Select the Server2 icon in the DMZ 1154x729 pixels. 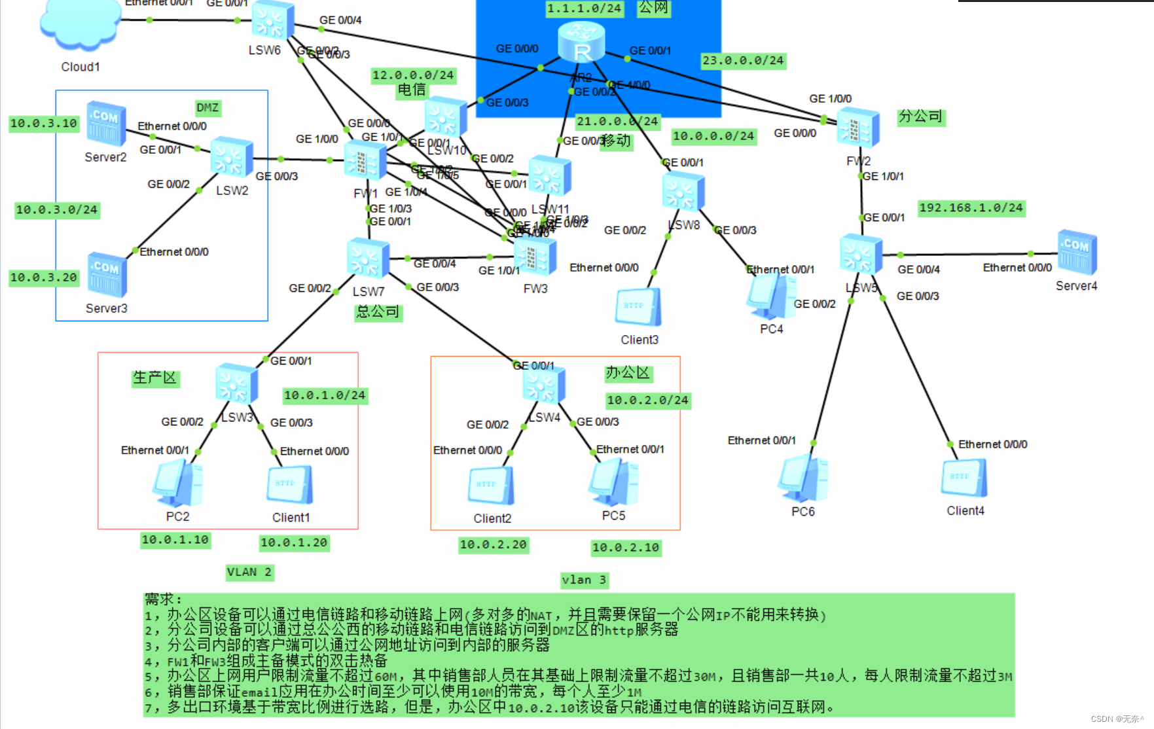point(105,123)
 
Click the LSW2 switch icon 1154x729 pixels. point(231,157)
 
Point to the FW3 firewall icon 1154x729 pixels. point(535,257)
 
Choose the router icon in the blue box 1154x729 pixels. point(581,42)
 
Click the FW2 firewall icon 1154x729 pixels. point(858,128)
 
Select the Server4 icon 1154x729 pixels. point(1077,253)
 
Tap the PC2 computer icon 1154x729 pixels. point(177,484)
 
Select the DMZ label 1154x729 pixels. point(207,108)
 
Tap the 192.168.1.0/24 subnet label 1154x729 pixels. point(971,208)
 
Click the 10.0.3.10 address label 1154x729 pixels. point(43,124)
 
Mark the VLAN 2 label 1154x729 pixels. point(249,573)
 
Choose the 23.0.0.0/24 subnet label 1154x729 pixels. point(743,61)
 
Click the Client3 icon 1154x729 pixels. point(638,308)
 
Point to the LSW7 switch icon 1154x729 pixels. point(368,258)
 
